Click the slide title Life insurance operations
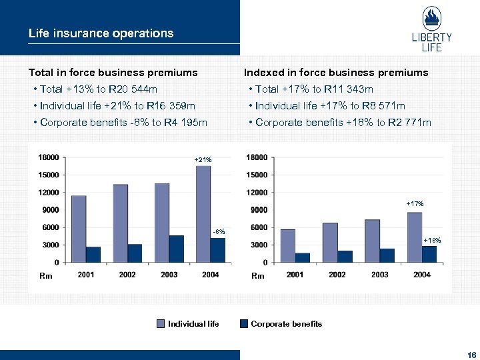[x=101, y=33]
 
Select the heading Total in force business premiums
[x=113, y=72]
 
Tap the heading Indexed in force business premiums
[x=336, y=72]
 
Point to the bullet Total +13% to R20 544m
[x=98, y=89]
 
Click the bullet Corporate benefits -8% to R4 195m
[x=123, y=123]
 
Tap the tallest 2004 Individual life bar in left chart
[x=203, y=213]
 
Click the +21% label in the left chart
[x=203, y=160]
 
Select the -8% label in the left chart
[x=219, y=231]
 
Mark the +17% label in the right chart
[x=415, y=203]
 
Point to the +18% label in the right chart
[x=432, y=239]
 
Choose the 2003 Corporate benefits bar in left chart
[x=176, y=249]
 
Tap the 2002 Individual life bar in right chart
[x=330, y=243]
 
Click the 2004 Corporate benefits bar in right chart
[x=429, y=254]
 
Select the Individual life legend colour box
[x=161, y=324]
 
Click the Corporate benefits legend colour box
[x=244, y=324]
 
